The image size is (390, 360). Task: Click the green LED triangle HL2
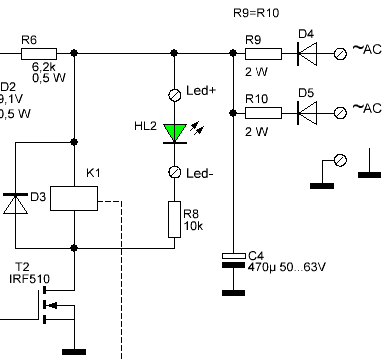(175, 133)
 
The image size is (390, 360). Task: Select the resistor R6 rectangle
(39, 54)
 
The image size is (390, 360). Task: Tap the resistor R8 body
(174, 219)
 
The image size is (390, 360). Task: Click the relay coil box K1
(74, 198)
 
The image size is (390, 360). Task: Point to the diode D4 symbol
(307, 54)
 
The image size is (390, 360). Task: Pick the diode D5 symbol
(307, 113)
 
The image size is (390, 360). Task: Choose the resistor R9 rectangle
(263, 54)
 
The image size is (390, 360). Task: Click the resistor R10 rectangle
(263, 113)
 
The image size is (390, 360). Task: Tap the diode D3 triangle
(15, 203)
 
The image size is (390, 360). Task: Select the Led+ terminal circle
(174, 95)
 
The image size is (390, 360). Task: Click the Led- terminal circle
(174, 172)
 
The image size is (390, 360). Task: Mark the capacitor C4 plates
(233, 260)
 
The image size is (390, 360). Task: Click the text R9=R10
(256, 13)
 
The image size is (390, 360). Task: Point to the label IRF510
(30, 278)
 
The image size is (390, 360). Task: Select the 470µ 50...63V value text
(287, 267)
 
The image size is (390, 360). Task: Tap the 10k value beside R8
(193, 226)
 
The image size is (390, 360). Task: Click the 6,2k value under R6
(44, 67)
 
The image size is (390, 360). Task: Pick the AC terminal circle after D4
(340, 54)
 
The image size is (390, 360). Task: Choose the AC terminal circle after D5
(340, 113)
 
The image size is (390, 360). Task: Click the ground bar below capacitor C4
(233, 293)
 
